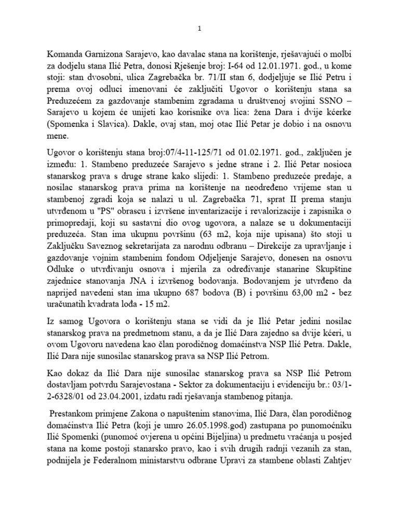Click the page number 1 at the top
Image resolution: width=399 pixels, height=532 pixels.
point(199,30)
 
